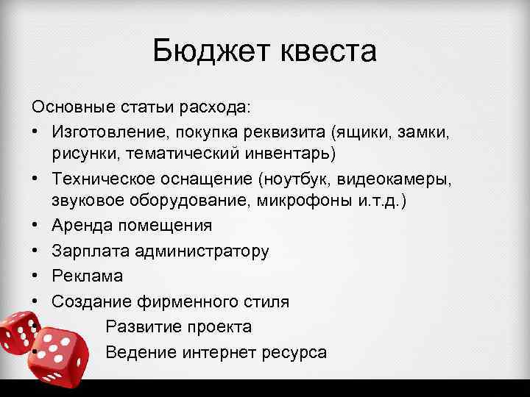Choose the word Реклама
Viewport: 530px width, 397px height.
[x=88, y=275]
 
